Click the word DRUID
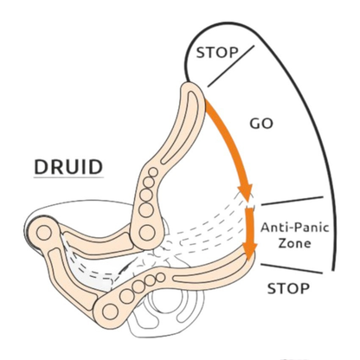[68, 167]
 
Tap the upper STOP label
[217, 53]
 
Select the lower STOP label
[288, 288]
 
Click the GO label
[261, 124]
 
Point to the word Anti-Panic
[295, 228]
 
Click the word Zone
[295, 243]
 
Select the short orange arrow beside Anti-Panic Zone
[250, 232]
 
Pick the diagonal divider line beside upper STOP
[231, 66]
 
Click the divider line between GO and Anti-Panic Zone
[292, 201]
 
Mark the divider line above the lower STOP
[292, 268]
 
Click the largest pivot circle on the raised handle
[146, 233]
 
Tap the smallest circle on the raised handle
[153, 172]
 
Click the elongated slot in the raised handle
[181, 127]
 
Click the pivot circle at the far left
[44, 233]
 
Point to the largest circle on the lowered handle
[110, 312]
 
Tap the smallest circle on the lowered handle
[161, 278]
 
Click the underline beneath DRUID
[68, 177]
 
